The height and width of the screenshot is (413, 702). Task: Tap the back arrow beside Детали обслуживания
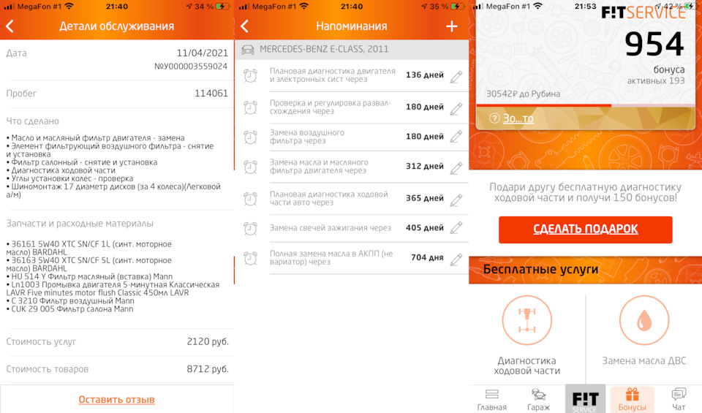tap(10, 26)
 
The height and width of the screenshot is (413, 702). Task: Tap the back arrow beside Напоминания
tap(244, 26)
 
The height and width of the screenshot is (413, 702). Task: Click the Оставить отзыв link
tap(117, 399)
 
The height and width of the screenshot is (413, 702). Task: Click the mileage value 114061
tap(211, 93)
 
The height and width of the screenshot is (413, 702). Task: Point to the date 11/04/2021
tap(203, 53)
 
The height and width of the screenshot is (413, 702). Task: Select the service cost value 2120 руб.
tap(208, 341)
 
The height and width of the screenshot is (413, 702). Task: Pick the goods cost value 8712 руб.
tap(208, 369)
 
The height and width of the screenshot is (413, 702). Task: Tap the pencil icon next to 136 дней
tap(456, 77)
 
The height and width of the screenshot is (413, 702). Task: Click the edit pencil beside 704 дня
tap(456, 259)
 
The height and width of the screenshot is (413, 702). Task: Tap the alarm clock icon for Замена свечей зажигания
tap(250, 229)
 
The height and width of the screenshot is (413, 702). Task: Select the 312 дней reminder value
tap(425, 166)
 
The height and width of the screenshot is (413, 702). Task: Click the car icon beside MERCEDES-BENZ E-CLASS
tap(248, 49)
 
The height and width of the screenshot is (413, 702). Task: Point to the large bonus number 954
tap(654, 44)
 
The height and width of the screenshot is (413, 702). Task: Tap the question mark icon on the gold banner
tap(494, 118)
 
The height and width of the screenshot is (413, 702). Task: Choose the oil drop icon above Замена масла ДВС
tap(644, 320)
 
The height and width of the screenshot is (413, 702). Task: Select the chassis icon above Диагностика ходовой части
tap(527, 320)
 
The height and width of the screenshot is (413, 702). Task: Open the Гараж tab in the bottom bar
tap(538, 399)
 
